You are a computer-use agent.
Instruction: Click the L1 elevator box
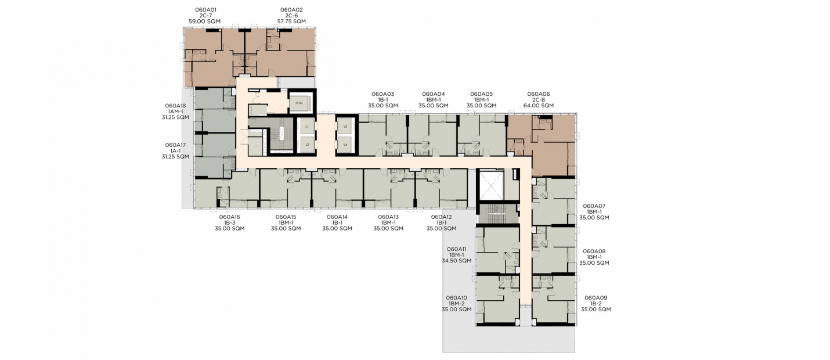click(x=307, y=127)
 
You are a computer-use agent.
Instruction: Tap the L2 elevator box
click(x=307, y=145)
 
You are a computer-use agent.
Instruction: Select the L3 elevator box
click(x=345, y=127)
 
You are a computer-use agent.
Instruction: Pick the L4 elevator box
click(x=345, y=145)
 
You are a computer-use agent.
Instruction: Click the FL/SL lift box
click(x=299, y=103)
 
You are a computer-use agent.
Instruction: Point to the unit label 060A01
click(x=205, y=10)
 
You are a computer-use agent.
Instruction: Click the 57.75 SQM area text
click(x=291, y=21)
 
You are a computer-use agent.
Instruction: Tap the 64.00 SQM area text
click(x=539, y=106)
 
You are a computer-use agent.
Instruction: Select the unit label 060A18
click(x=176, y=106)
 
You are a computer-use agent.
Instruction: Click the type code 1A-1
click(x=176, y=151)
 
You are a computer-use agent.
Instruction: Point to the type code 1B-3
click(x=230, y=223)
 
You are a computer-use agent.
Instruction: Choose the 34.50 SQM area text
click(x=456, y=261)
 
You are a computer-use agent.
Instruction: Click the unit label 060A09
click(x=596, y=298)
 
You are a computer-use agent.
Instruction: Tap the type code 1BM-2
click(x=456, y=304)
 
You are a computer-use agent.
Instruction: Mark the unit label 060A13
click(x=388, y=217)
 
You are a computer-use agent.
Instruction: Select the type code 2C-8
click(x=539, y=100)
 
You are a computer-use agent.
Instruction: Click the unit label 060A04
click(x=434, y=94)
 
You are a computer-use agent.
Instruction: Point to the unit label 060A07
click(x=594, y=206)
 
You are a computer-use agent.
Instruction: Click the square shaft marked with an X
click(x=492, y=185)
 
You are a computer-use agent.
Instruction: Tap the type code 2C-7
click(x=205, y=16)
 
